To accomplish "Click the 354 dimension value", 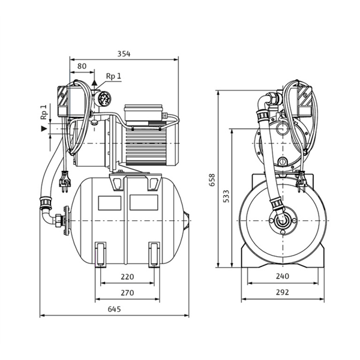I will pyautogui.click(x=124, y=53).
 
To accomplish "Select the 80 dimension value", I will pyautogui.click(x=82, y=67).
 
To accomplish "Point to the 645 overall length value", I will pyautogui.click(x=115, y=309).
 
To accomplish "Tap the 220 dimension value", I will pyautogui.click(x=127, y=277).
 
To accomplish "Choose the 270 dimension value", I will pyautogui.click(x=127, y=293).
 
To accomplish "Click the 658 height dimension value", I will pyautogui.click(x=211, y=180).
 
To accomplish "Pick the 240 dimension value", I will pyautogui.click(x=283, y=277).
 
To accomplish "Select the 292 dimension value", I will pyautogui.click(x=283, y=293).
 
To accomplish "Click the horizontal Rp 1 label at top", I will pyautogui.click(x=113, y=76).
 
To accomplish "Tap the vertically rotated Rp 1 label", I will pyautogui.click(x=44, y=113).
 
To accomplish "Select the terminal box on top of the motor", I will pyautogui.click(x=142, y=112).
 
